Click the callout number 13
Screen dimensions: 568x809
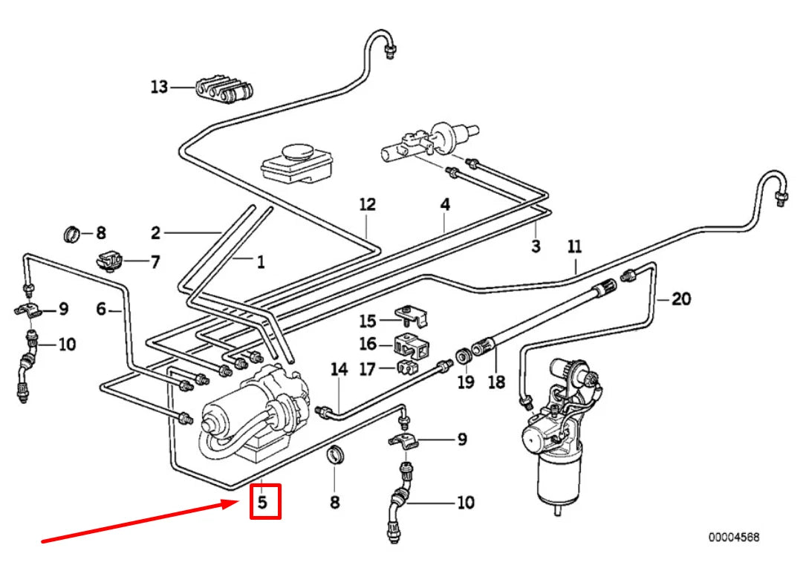point(159,88)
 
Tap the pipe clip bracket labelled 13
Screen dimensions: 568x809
point(224,88)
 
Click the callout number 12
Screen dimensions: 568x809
point(367,204)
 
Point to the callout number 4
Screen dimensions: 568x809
point(444,203)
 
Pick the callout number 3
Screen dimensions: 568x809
point(535,247)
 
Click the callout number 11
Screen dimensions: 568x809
point(574,247)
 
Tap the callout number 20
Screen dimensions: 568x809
point(680,299)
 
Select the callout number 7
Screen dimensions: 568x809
point(155,261)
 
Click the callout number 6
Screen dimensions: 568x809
point(102,309)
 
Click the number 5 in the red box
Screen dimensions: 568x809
point(262,502)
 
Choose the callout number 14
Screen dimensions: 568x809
point(339,369)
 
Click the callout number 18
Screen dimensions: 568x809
point(496,382)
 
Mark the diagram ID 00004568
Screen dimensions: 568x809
point(733,537)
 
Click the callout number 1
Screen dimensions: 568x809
point(261,261)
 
